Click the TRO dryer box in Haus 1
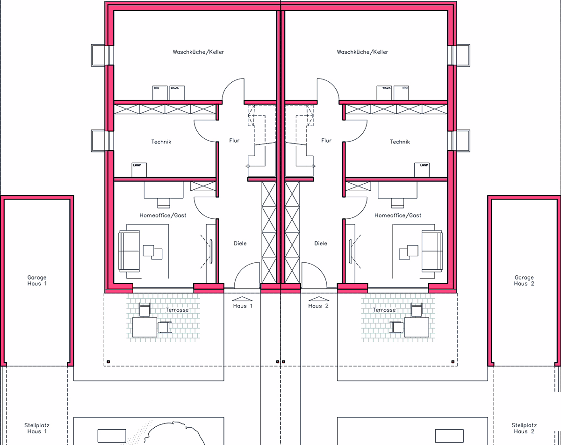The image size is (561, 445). (160, 93)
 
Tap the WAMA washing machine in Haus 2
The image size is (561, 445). (384, 93)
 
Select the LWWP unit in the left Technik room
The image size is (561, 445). (139, 170)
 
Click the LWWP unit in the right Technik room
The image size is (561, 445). (422, 170)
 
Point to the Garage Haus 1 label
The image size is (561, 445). (37, 280)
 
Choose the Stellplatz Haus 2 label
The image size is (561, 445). (524, 428)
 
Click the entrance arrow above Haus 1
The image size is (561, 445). (242, 299)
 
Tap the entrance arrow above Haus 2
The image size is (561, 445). (319, 299)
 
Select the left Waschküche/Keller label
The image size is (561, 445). (198, 52)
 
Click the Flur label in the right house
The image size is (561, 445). (326, 141)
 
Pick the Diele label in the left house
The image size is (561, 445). (240, 243)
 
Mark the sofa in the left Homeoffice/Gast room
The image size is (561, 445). (129, 251)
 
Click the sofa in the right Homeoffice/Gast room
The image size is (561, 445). (432, 251)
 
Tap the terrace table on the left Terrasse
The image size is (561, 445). (144, 327)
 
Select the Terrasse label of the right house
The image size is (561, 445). (384, 310)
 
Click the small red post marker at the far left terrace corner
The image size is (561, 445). (108, 362)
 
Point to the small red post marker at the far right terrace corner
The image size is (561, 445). (453, 362)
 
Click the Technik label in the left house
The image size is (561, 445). (161, 142)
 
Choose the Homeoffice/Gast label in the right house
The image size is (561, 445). (398, 215)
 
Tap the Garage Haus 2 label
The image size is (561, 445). (524, 280)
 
